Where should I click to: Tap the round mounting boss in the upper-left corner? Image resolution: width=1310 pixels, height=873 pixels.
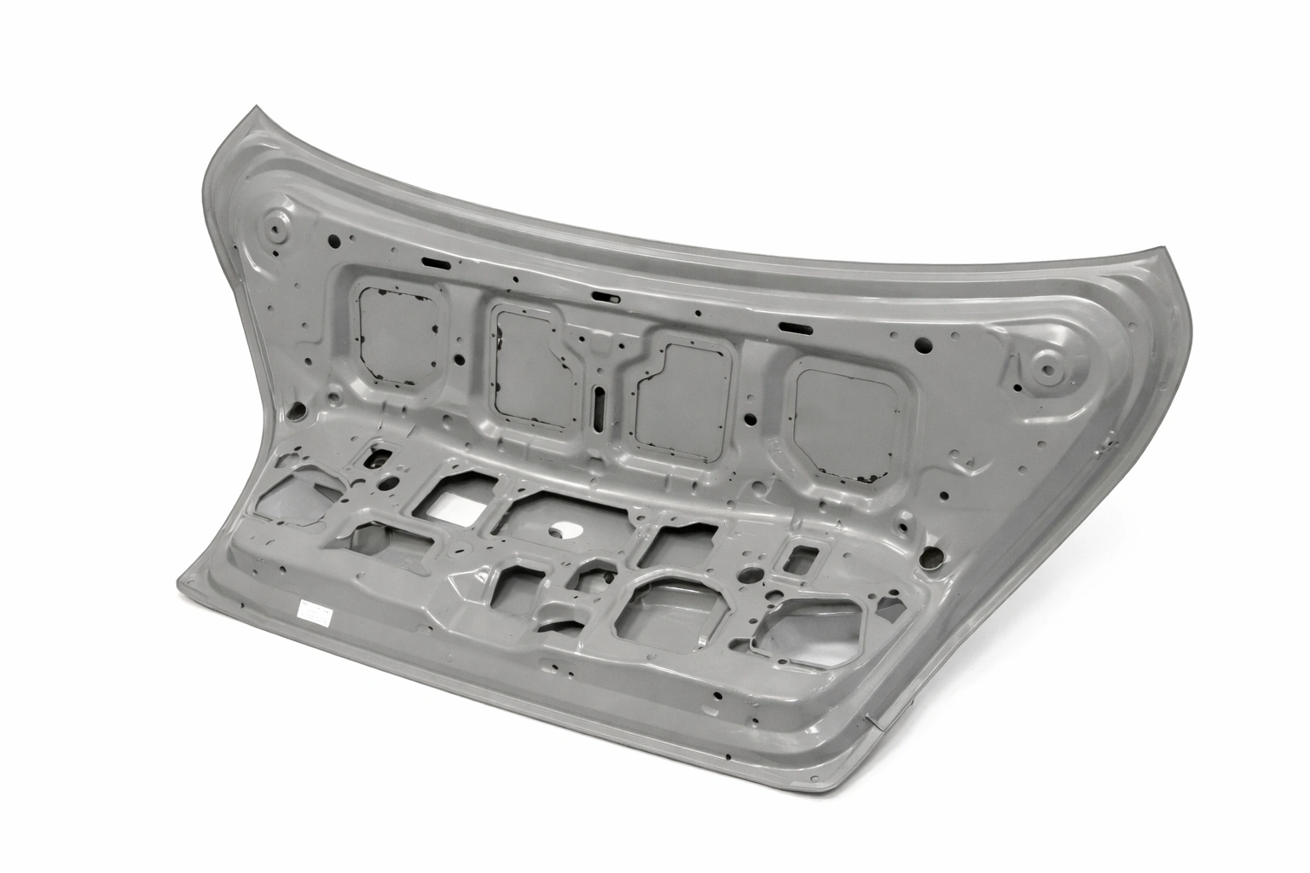pos(276,228)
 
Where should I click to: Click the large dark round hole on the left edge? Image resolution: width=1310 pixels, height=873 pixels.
pos(297,413)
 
